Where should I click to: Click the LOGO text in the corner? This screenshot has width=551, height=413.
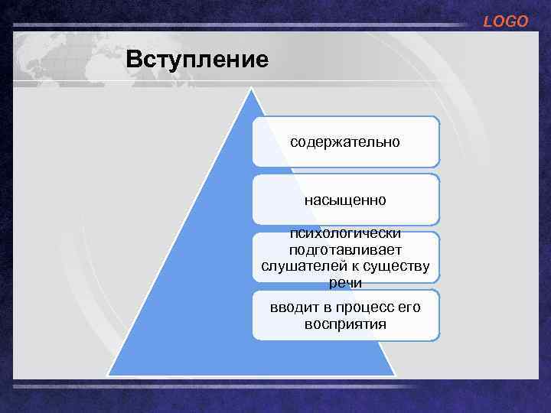point(505,22)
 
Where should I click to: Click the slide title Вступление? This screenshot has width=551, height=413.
point(197,59)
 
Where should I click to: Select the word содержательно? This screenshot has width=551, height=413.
point(345,142)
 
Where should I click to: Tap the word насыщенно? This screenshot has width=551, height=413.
point(345,200)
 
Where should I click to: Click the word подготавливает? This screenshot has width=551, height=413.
point(345,249)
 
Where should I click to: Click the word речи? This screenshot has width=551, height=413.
point(345,282)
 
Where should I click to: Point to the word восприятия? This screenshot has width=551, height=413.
point(345,324)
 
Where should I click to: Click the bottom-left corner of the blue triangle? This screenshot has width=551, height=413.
point(109,375)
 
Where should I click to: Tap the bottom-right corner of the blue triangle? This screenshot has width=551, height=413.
point(394,375)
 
